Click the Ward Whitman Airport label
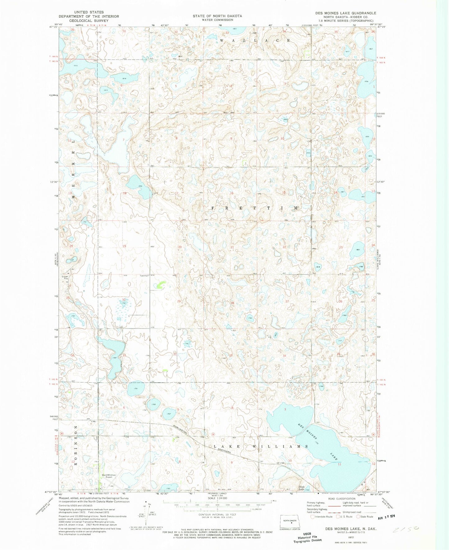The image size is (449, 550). [107, 476]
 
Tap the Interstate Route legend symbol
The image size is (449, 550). [313, 516]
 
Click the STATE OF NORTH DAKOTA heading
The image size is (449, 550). [217, 16]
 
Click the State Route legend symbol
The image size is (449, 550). [358, 516]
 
